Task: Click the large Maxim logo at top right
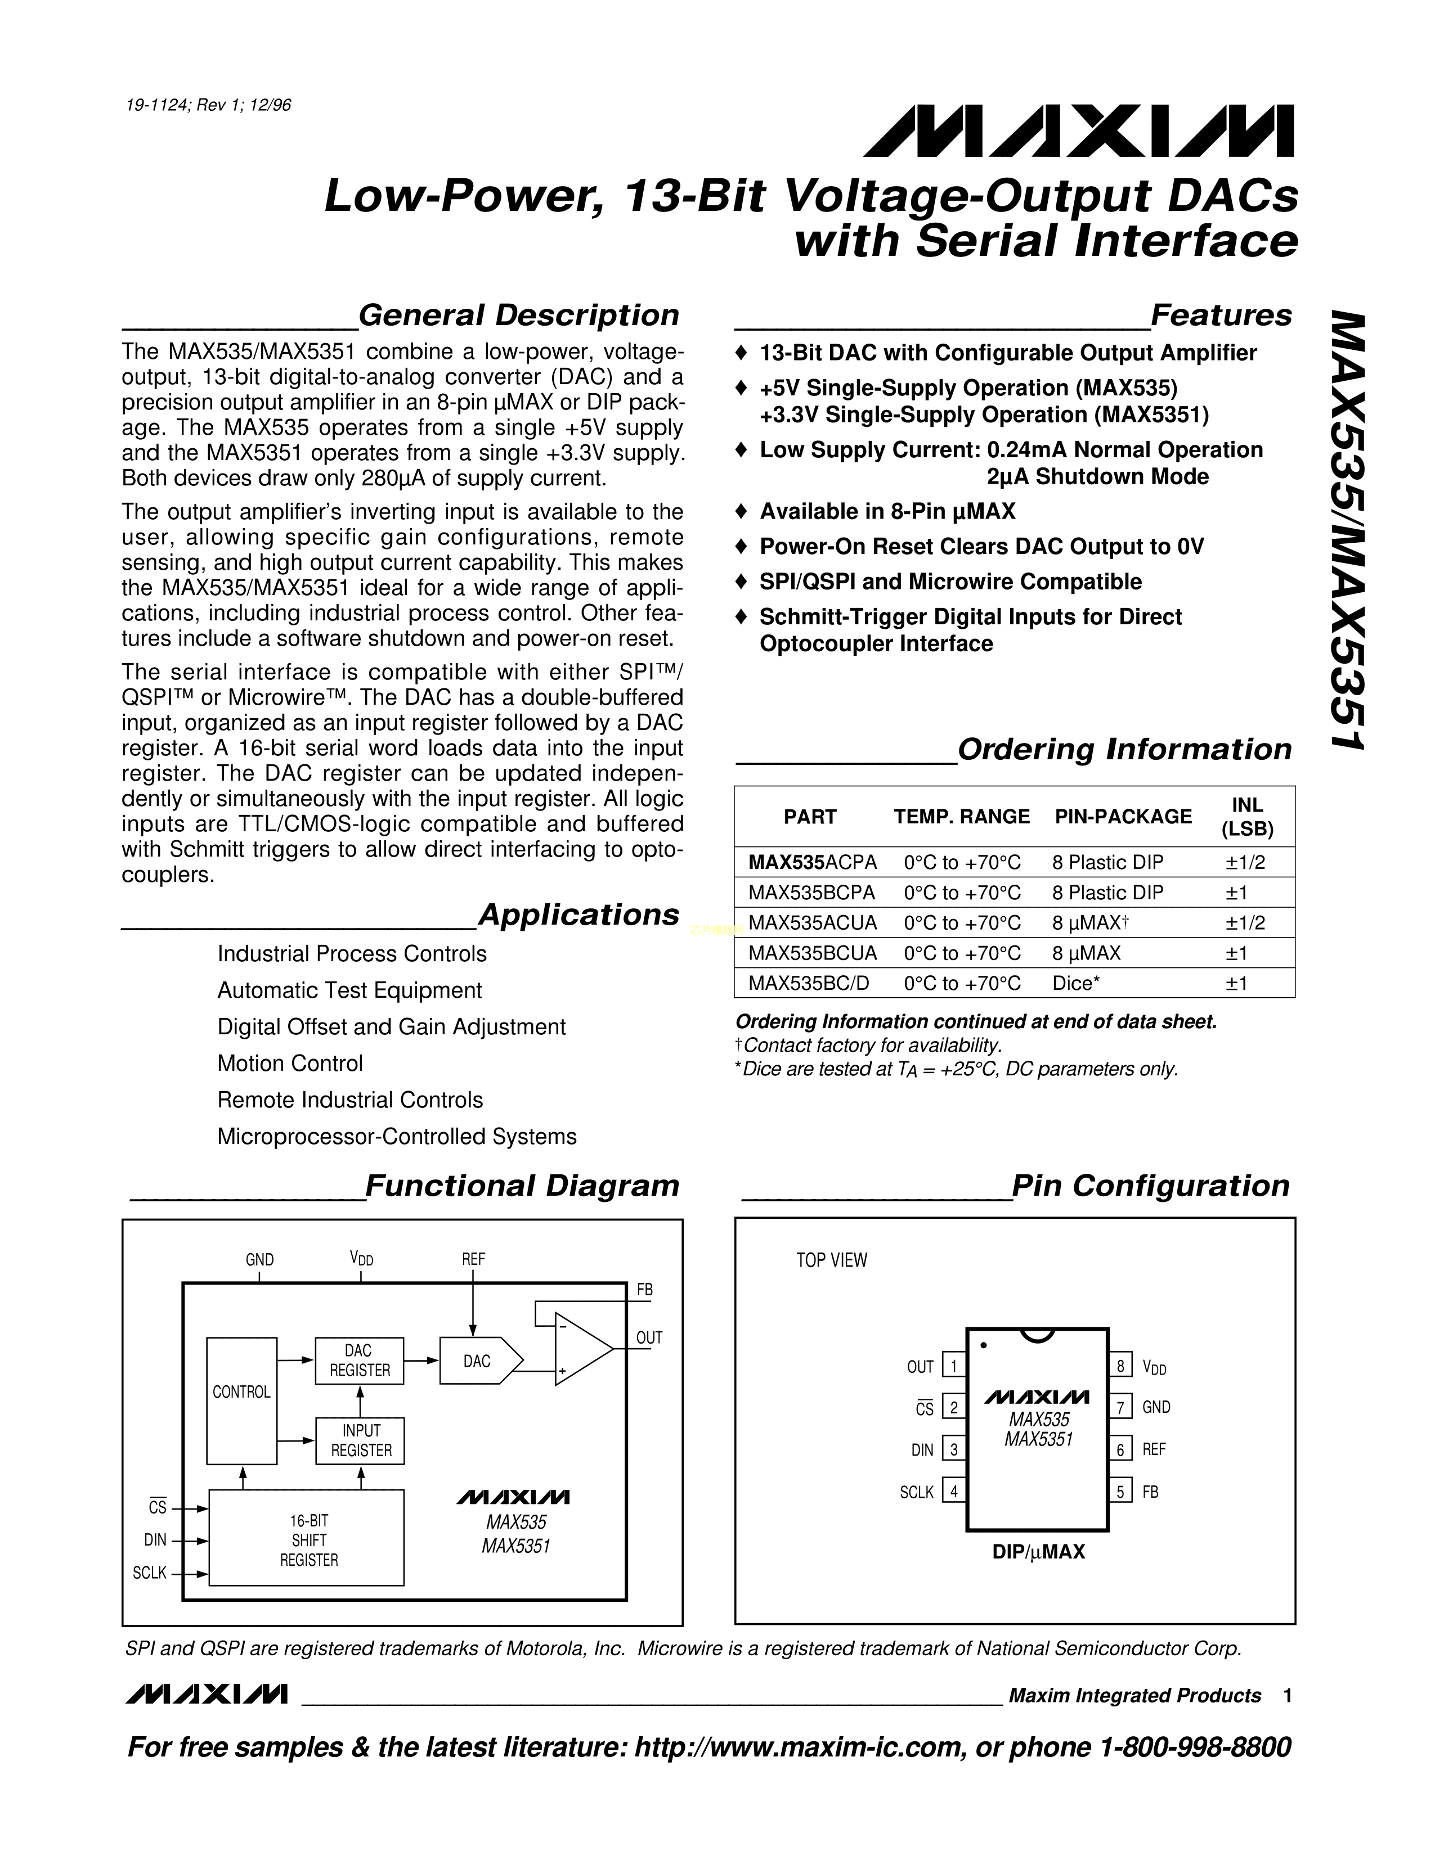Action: (1079, 131)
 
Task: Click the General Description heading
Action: (519, 316)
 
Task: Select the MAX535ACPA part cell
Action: (812, 863)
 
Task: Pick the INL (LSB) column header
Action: (1247, 817)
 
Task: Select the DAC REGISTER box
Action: (360, 1361)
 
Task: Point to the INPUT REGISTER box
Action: (361, 1440)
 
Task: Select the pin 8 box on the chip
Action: (1120, 1367)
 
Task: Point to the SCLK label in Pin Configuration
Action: (916, 1492)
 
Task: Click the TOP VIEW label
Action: (831, 1261)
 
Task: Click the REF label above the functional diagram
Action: (473, 1259)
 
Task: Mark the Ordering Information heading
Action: (1124, 750)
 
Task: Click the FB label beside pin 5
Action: (1150, 1492)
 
